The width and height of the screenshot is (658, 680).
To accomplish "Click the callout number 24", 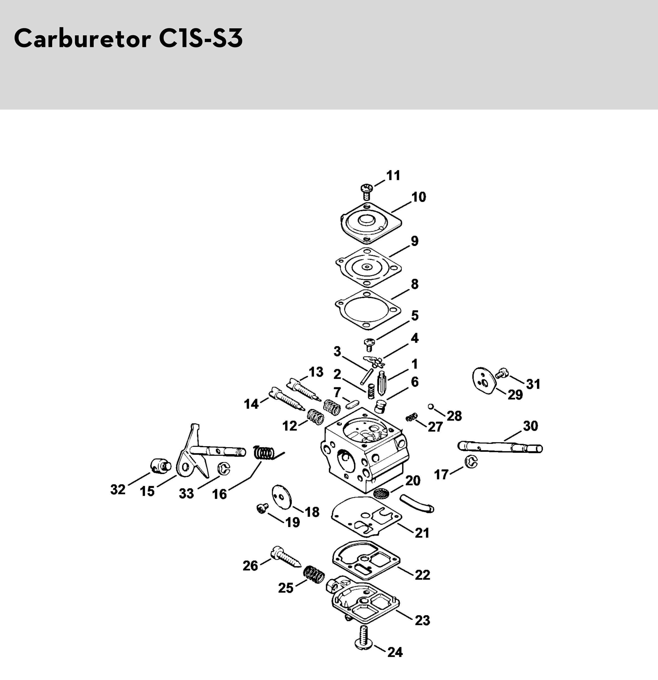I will pos(395,652).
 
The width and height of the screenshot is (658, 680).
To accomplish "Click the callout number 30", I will pos(530,426).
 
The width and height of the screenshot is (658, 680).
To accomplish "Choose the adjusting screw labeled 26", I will pos(285,557).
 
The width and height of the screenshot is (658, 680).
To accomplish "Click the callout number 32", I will pos(118,490).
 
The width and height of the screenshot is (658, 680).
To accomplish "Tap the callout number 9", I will pos(414,241).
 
